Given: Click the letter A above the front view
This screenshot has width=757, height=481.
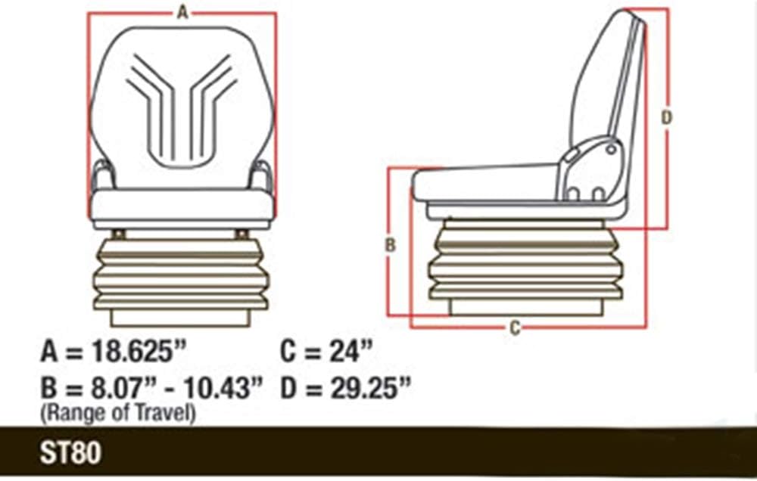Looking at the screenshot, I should (181, 11).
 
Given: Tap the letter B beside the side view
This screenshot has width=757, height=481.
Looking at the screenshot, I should (390, 245).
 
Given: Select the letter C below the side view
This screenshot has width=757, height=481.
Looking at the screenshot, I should (514, 327).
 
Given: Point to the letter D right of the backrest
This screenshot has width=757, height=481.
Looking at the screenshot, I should (666, 116).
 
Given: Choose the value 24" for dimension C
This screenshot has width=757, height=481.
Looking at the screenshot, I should (350, 352).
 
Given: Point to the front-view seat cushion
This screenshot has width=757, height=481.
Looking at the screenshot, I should (182, 206).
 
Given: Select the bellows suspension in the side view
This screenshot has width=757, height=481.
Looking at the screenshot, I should (525, 261).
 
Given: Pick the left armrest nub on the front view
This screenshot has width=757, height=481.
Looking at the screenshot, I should (101, 178).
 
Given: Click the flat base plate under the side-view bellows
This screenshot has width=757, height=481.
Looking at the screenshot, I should (525, 306).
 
